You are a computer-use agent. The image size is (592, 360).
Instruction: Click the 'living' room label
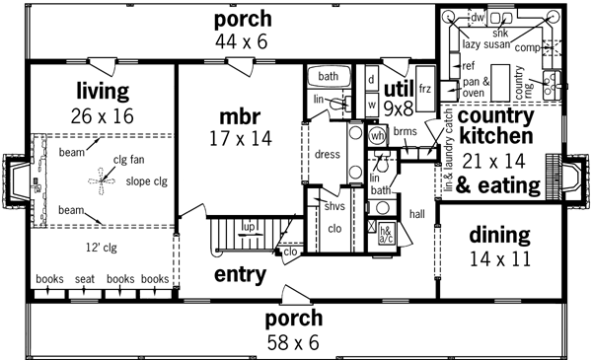[102, 92]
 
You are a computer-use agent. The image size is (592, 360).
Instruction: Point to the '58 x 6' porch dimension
[294, 342]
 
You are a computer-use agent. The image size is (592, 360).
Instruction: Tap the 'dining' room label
[499, 235]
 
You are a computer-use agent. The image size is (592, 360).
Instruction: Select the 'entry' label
[239, 274]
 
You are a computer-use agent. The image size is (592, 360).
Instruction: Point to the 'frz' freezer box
[425, 90]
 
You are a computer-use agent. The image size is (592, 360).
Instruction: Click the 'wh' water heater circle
[377, 136]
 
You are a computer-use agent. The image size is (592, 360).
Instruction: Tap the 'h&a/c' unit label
[386, 233]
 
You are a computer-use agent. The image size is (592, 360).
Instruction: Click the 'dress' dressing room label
[327, 155]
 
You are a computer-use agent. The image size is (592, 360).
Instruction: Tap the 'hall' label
[416, 213]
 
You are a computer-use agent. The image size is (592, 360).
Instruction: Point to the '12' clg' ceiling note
[101, 249]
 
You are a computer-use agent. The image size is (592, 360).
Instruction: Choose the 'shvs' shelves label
[333, 206]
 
